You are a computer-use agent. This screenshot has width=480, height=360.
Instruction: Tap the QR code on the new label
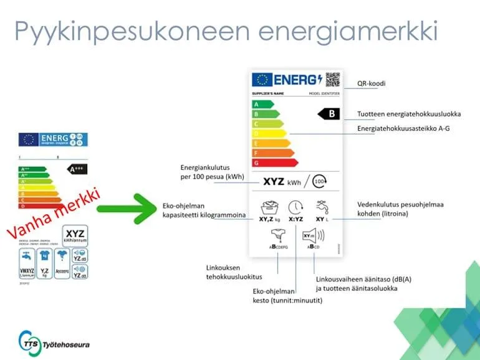333,80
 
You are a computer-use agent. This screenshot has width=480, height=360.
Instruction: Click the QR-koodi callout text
371,83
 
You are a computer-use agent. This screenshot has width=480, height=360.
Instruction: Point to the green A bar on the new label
262,104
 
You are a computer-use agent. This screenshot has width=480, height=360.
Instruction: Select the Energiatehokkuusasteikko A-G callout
403,128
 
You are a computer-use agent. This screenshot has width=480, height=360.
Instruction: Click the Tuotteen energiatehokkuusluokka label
409,114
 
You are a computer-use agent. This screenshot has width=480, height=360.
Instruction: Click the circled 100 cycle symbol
319,182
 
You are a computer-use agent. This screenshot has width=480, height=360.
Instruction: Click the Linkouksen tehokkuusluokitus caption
234,272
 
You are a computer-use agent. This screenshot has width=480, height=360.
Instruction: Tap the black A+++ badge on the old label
78,168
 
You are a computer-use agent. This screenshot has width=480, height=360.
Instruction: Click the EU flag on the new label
261,80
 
